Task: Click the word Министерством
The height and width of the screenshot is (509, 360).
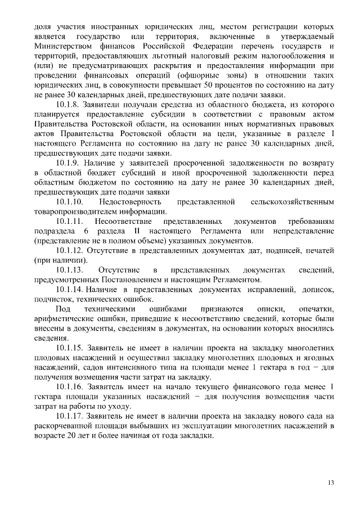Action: (62, 46)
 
